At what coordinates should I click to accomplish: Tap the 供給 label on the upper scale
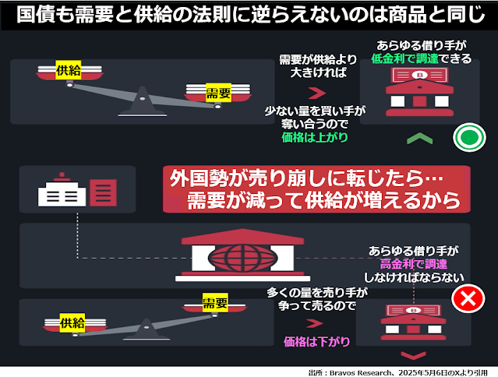(68, 71)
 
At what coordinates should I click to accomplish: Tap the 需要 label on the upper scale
(217, 93)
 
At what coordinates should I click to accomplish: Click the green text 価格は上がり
(315, 138)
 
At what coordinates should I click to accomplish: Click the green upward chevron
(419, 139)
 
